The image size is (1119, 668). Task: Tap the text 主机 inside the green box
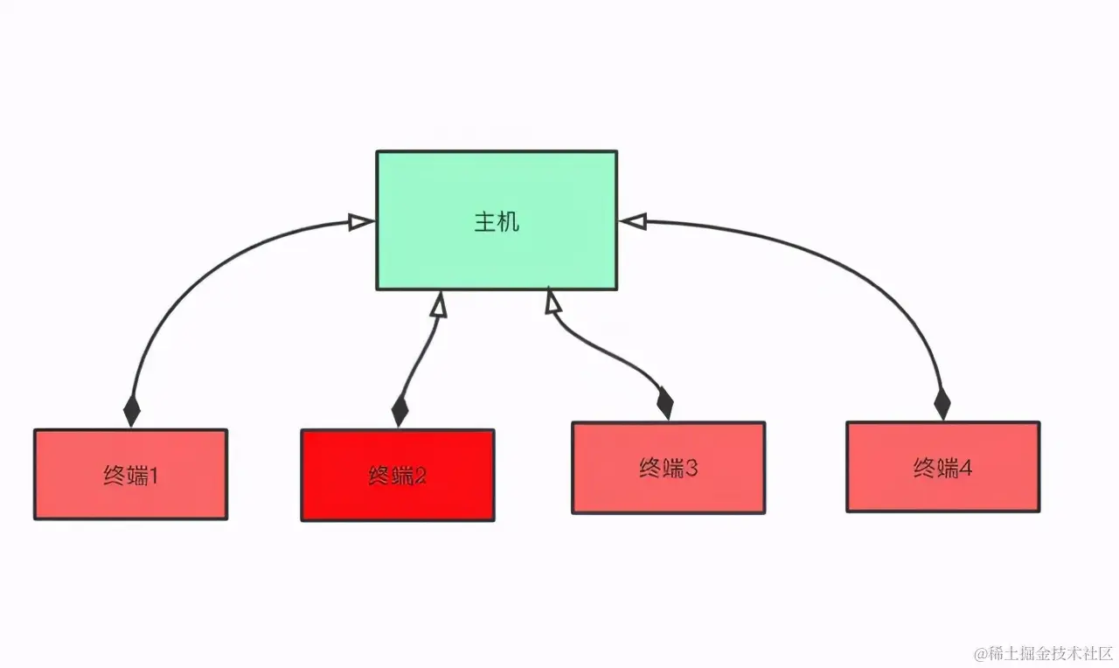tap(497, 221)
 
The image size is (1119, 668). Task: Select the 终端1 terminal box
tap(130, 475)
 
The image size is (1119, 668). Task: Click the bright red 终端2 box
tap(398, 476)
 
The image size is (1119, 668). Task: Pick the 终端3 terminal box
tap(668, 468)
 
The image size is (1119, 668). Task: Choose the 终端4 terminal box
tap(942, 467)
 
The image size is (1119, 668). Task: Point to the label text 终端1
tap(130, 477)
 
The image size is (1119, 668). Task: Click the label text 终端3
tap(668, 469)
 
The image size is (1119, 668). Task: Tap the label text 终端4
tap(942, 469)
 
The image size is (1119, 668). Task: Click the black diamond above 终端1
tap(131, 410)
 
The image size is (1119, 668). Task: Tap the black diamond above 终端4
tap(942, 404)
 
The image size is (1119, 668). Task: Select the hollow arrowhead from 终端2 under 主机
tap(439, 303)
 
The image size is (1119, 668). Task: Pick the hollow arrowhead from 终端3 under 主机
tap(553, 302)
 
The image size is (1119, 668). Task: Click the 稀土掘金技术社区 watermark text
tap(1049, 653)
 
